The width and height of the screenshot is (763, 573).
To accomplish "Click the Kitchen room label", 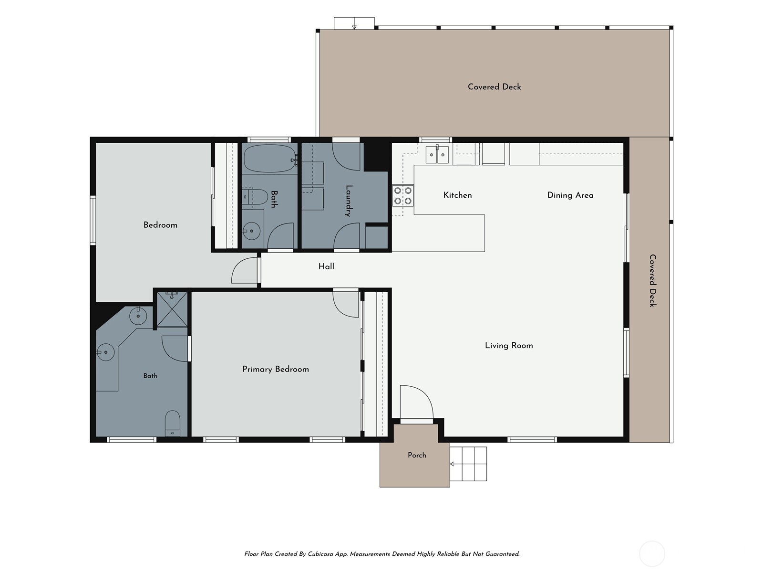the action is coord(457,195).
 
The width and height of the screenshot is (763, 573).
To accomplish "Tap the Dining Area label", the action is coord(570,195).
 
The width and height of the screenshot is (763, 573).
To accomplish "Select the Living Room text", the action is coord(509,345).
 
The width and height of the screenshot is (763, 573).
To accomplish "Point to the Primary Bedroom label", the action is coord(276,369).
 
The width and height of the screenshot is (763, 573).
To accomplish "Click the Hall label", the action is coord(326,266).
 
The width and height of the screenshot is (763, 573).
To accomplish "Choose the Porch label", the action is coord(417,455).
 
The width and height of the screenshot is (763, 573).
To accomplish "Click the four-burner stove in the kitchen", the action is coord(403,195).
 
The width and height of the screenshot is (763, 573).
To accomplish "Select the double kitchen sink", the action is coord(437,154).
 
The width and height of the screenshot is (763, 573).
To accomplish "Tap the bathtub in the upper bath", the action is coord(270,159).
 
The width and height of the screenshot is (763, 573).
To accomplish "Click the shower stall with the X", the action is coord(172,309).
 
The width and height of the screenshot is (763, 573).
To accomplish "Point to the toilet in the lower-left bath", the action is coord(173,424).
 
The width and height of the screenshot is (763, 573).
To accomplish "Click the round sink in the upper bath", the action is coord(251,231).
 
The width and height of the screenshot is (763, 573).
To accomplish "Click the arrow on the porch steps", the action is coord(452,464).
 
